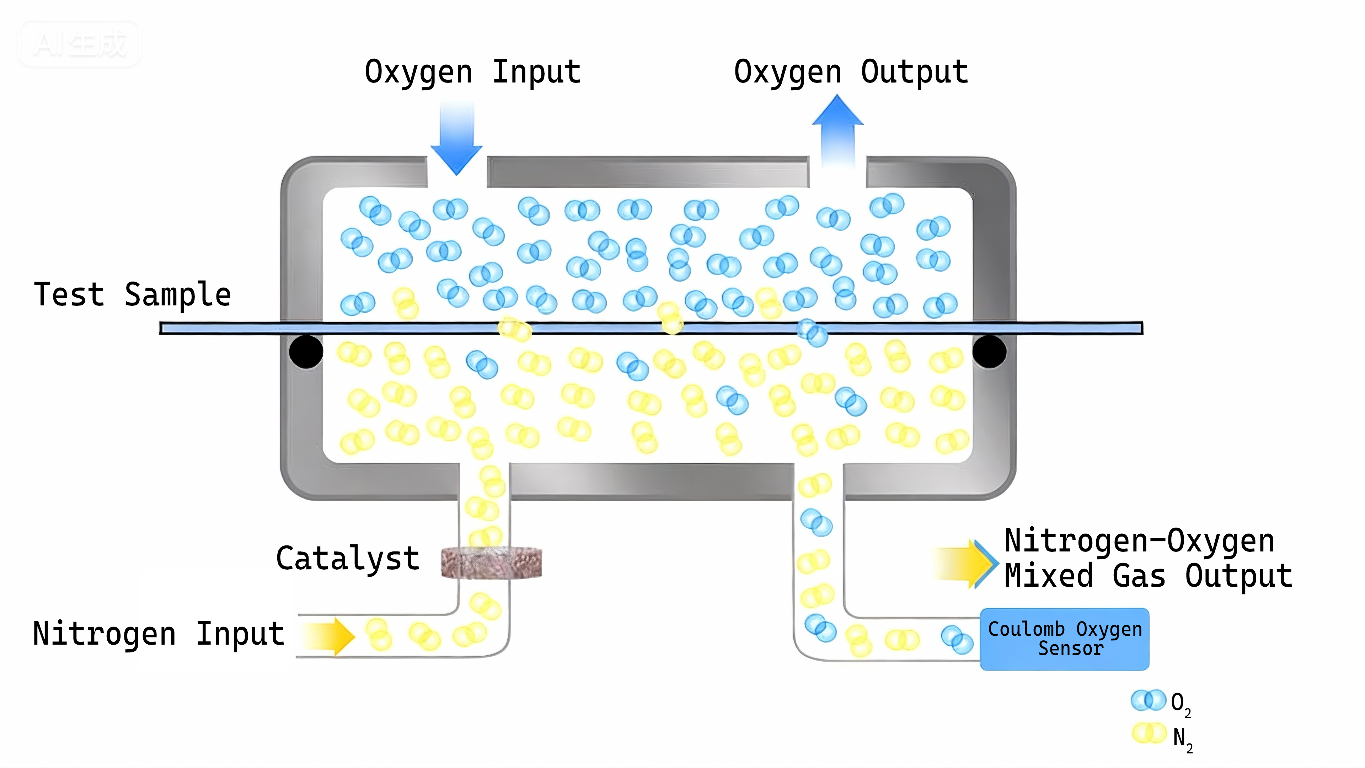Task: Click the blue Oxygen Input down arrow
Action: coord(456,140)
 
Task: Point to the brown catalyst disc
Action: coord(491,563)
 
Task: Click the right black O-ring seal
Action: coord(989,351)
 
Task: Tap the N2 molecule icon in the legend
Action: coord(1149,734)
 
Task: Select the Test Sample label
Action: coord(133,295)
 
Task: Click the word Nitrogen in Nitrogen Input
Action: coord(105,634)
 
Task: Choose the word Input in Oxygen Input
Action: coord(536,72)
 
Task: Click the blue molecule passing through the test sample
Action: coord(812,332)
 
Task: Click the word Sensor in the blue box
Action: coord(1070,648)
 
